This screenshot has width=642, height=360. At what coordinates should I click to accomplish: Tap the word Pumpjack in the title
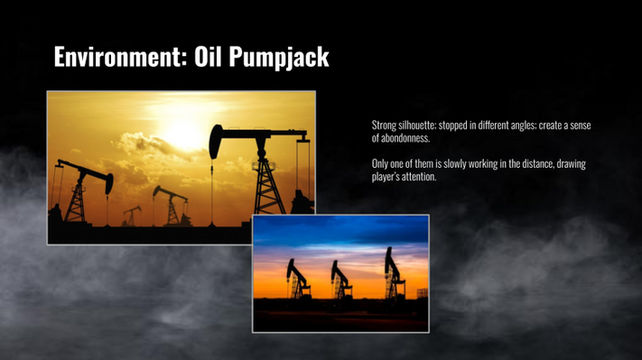pos(279,57)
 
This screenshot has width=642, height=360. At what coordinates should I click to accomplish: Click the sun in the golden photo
pos(183,132)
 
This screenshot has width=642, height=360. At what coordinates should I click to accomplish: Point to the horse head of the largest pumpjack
pos(216,142)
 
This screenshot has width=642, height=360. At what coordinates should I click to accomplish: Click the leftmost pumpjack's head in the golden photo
pos(109,183)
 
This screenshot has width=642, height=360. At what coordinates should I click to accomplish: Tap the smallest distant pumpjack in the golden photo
pos(132,216)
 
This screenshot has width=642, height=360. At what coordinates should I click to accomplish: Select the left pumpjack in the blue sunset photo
pos(298,279)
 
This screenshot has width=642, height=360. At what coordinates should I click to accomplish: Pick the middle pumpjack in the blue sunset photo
pos(341,280)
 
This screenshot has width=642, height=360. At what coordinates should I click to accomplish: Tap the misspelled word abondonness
pos(405,138)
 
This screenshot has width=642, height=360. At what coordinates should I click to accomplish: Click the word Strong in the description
pos(384,125)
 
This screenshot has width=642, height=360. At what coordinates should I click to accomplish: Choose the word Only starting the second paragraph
pos(379,164)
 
